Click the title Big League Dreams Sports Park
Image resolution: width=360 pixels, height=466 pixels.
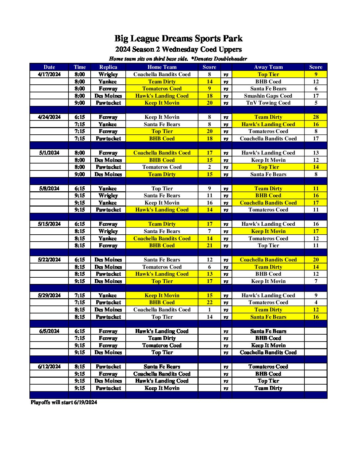pos(178,39)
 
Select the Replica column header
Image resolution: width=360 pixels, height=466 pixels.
pos(108,67)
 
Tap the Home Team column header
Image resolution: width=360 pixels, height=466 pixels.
pos(162,67)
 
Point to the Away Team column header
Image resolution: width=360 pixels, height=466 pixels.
pos(268,67)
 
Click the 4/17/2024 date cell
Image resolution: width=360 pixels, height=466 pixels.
pos(49,74)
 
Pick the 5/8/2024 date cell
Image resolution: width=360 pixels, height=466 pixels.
pos(49,189)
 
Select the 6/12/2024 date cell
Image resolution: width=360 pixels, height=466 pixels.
pos(49,367)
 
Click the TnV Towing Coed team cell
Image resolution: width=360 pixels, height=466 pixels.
pos(268,103)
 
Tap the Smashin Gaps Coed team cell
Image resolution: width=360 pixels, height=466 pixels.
pos(268,96)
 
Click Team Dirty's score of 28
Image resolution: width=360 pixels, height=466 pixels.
pos(316,117)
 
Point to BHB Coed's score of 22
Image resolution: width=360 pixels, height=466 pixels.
pos(209,303)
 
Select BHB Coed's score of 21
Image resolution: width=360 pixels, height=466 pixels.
pos(209,246)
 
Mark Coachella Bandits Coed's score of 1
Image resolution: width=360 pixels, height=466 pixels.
pos(209,310)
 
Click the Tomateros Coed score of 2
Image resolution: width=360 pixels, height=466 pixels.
pos(209,167)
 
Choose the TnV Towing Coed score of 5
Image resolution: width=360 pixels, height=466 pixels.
pos(316,103)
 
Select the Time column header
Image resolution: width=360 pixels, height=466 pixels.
pos(80,67)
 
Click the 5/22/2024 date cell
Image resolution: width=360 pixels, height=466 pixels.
pos(49,260)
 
